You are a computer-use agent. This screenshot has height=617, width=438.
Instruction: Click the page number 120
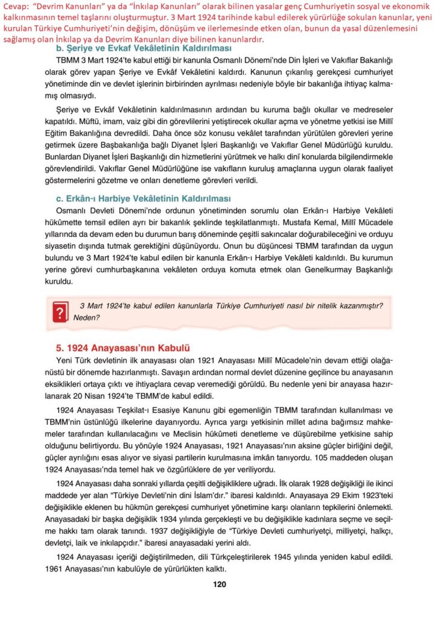click(x=219, y=583)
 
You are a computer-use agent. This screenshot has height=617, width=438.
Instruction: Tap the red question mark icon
click(x=59, y=312)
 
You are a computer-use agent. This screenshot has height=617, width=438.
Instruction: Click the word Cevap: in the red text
click(x=16, y=6)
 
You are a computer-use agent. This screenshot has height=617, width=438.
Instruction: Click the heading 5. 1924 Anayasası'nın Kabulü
click(x=123, y=348)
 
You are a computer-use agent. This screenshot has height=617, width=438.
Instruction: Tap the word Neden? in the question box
click(x=86, y=317)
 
